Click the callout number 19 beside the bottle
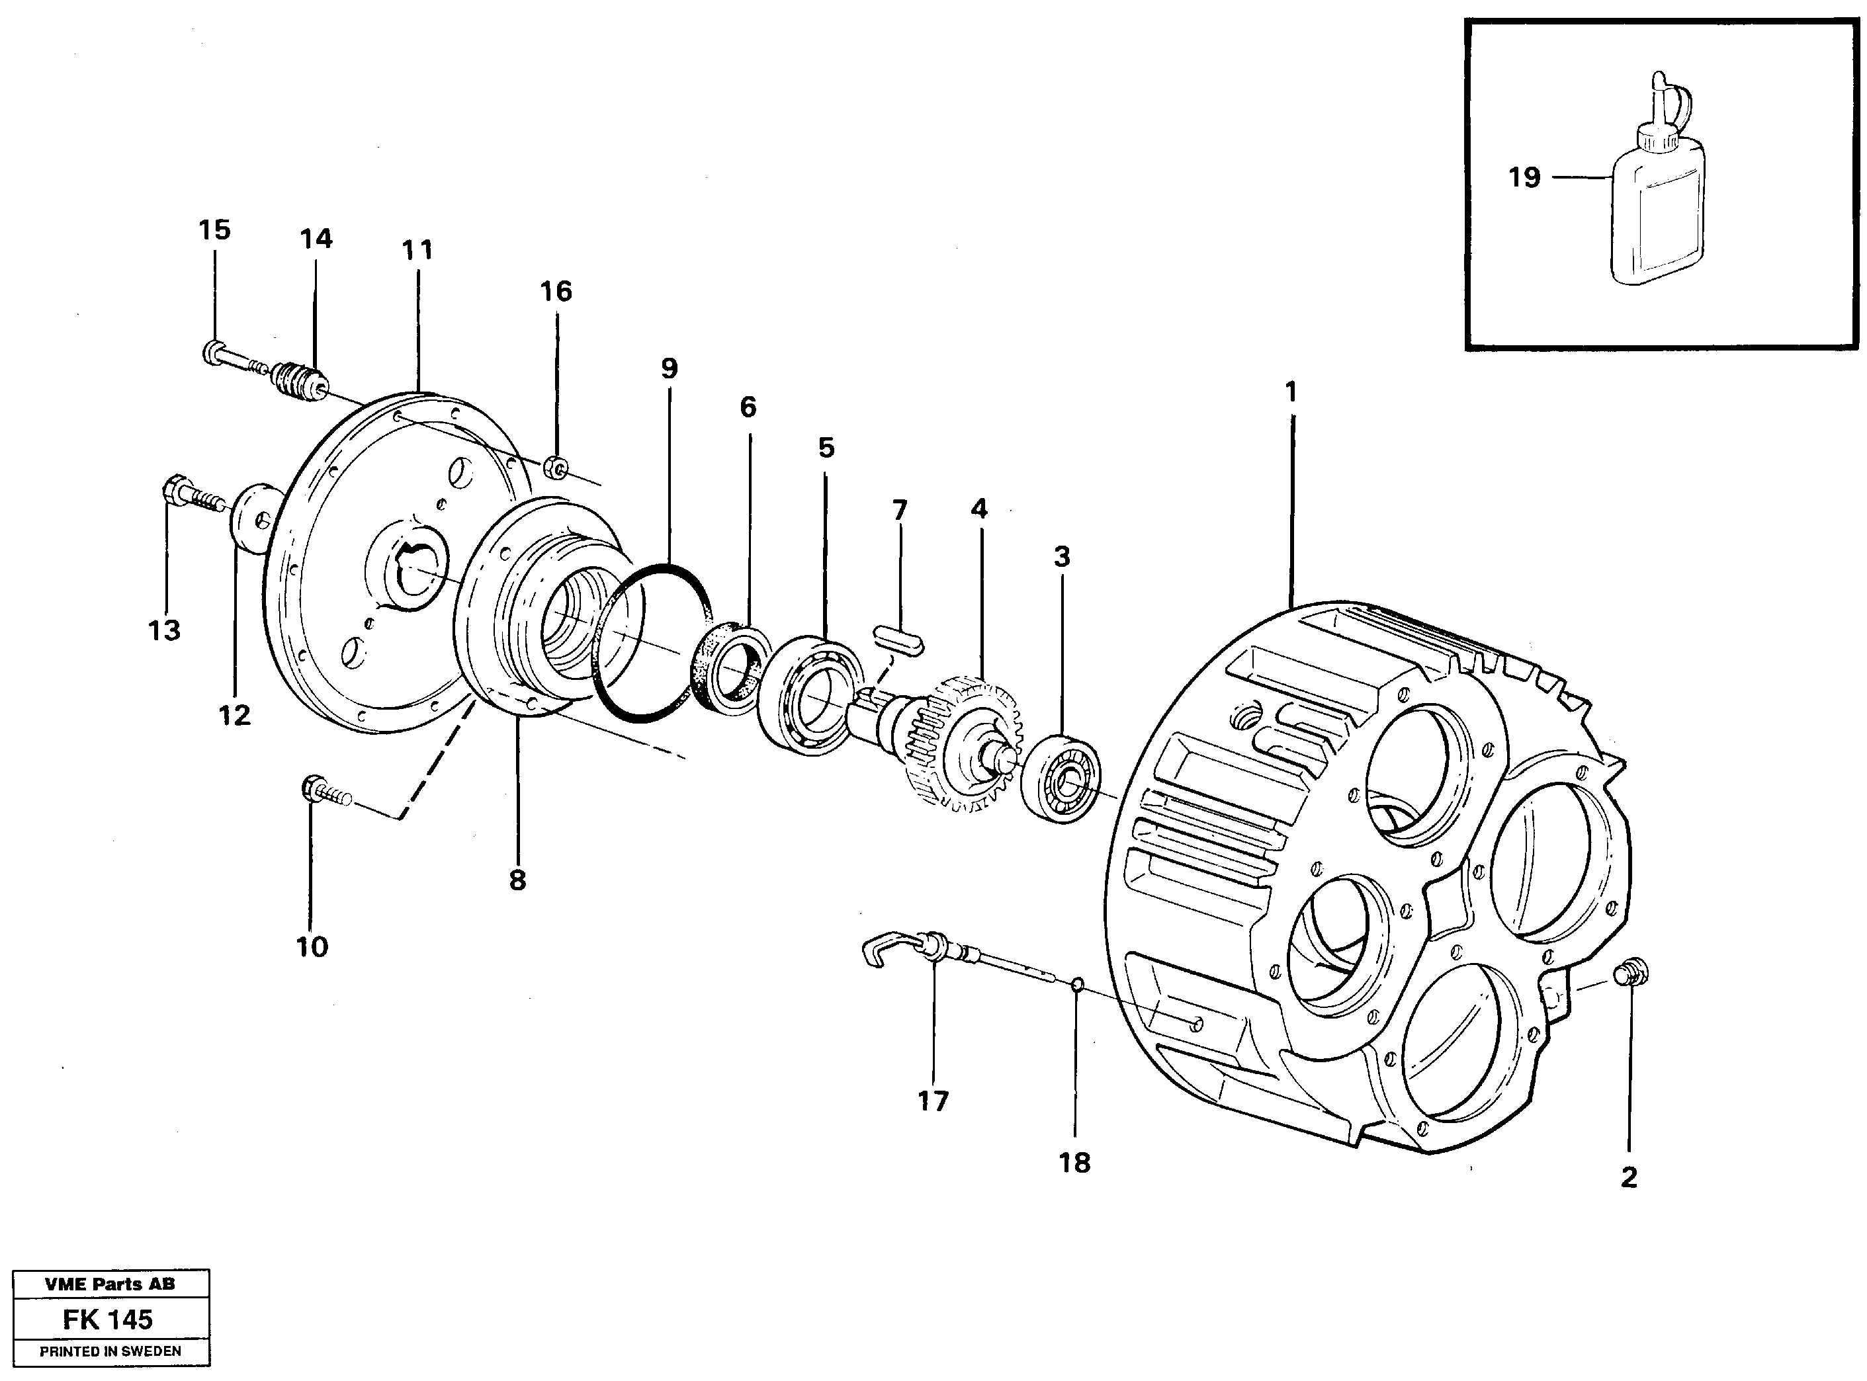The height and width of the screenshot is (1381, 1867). tap(1524, 177)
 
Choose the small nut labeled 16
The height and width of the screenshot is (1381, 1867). tap(555, 468)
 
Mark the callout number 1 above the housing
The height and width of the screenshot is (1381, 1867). tap(1290, 392)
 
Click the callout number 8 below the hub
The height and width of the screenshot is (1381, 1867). tap(517, 880)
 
